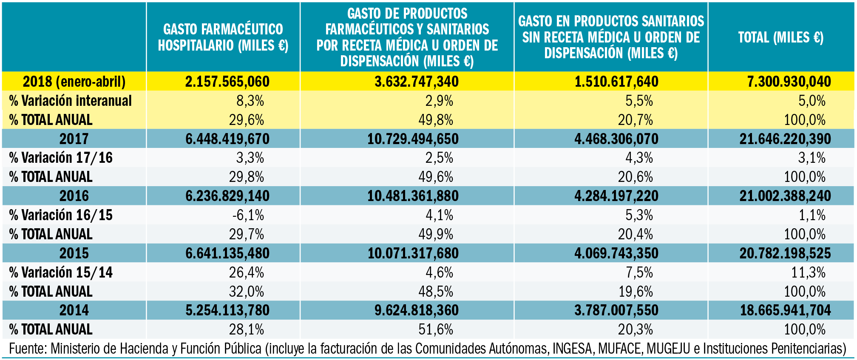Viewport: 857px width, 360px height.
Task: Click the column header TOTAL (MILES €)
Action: pyautogui.click(x=780, y=37)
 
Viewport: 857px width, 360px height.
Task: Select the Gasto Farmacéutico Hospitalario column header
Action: pyautogui.click(x=223, y=37)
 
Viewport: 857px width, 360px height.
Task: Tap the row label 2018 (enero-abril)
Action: pyautogui.click(x=74, y=81)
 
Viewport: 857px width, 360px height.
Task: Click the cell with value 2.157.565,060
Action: pyautogui.click(x=227, y=81)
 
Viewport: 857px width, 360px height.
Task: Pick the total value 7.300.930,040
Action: pyautogui.click(x=789, y=81)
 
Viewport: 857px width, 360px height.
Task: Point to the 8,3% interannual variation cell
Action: pyautogui.click(x=250, y=101)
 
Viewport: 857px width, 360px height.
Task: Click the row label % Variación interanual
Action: pyautogui.click(x=71, y=101)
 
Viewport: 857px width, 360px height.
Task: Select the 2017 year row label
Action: pyautogui.click(x=74, y=139)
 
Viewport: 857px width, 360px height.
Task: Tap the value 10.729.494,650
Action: pyautogui.click(x=413, y=139)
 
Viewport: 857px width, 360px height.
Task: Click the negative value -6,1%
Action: pyautogui.click(x=248, y=215)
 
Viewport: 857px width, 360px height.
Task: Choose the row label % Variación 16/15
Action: pyautogui.click(x=61, y=215)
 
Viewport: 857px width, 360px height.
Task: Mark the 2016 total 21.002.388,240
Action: pyautogui.click(x=785, y=196)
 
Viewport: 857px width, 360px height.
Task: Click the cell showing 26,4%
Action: pyautogui.click(x=247, y=272)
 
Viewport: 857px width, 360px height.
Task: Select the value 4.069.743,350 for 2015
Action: pyautogui.click(x=616, y=253)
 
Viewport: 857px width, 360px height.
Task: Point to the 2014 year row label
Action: pyautogui.click(x=74, y=310)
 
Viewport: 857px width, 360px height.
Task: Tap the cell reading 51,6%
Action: pyautogui.click(x=436, y=329)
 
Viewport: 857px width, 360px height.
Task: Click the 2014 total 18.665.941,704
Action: pyautogui.click(x=785, y=310)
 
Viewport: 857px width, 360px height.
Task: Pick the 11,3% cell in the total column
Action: pyautogui.click(x=808, y=272)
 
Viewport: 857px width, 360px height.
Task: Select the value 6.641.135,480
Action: pyautogui.click(x=227, y=253)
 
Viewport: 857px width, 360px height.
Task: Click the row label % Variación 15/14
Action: pyautogui.click(x=61, y=272)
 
